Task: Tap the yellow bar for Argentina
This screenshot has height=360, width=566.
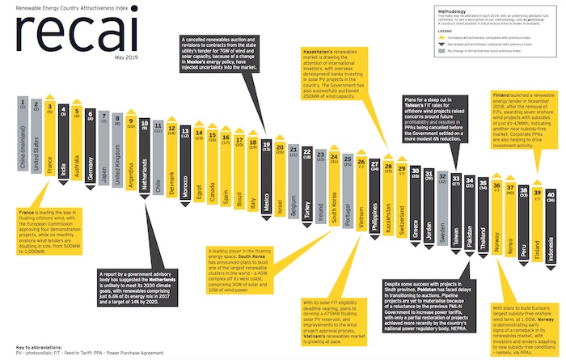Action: tap(130, 149)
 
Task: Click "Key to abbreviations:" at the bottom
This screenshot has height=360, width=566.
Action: tap(40, 345)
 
